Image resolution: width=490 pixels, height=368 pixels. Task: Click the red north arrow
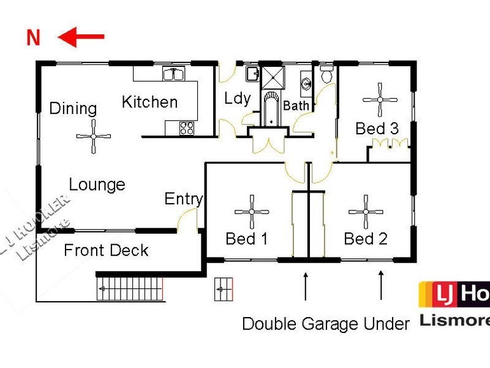click(81, 37)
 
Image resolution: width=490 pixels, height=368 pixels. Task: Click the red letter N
click(33, 38)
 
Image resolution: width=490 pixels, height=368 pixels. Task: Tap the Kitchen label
click(149, 102)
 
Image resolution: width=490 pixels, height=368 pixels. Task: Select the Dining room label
click(73, 109)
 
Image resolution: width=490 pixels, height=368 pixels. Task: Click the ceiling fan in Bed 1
click(252, 212)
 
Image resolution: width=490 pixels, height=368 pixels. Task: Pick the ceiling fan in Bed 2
click(366, 212)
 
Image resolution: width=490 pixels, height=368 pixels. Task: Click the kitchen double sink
click(175, 74)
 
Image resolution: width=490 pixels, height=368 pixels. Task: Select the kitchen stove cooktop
click(187, 128)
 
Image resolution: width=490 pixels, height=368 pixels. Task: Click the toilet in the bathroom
click(327, 76)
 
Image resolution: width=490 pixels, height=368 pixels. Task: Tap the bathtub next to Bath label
click(270, 109)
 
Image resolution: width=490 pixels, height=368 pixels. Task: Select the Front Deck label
click(106, 250)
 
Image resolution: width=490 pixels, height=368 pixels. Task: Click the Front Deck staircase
click(131, 288)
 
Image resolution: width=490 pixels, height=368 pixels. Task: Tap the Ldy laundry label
click(236, 98)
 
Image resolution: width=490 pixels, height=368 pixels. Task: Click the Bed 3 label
click(377, 129)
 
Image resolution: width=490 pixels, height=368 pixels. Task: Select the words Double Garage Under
click(325, 323)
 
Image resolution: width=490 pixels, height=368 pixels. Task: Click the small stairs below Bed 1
click(224, 289)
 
